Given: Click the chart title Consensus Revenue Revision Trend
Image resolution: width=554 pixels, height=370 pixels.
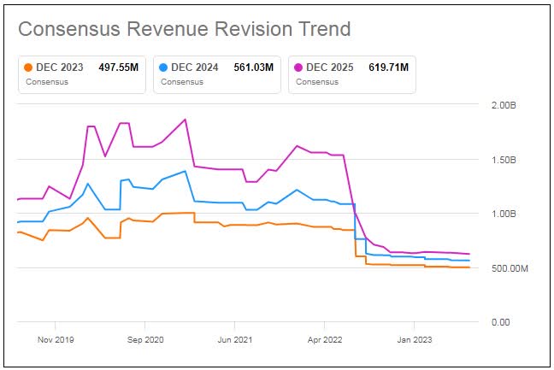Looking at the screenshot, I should tap(184, 28).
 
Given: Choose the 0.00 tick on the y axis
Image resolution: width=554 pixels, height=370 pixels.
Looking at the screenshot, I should tap(499, 322).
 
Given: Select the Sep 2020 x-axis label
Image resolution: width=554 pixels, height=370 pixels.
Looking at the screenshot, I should tap(144, 338).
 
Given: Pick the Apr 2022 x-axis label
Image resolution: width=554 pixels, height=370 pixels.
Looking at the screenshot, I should tap(324, 338).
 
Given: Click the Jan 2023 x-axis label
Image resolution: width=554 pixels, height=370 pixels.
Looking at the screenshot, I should tap(414, 338).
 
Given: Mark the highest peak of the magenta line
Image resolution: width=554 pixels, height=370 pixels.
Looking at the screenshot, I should tap(186, 120).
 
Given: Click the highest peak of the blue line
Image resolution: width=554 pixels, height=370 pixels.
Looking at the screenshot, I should tap(186, 172).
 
